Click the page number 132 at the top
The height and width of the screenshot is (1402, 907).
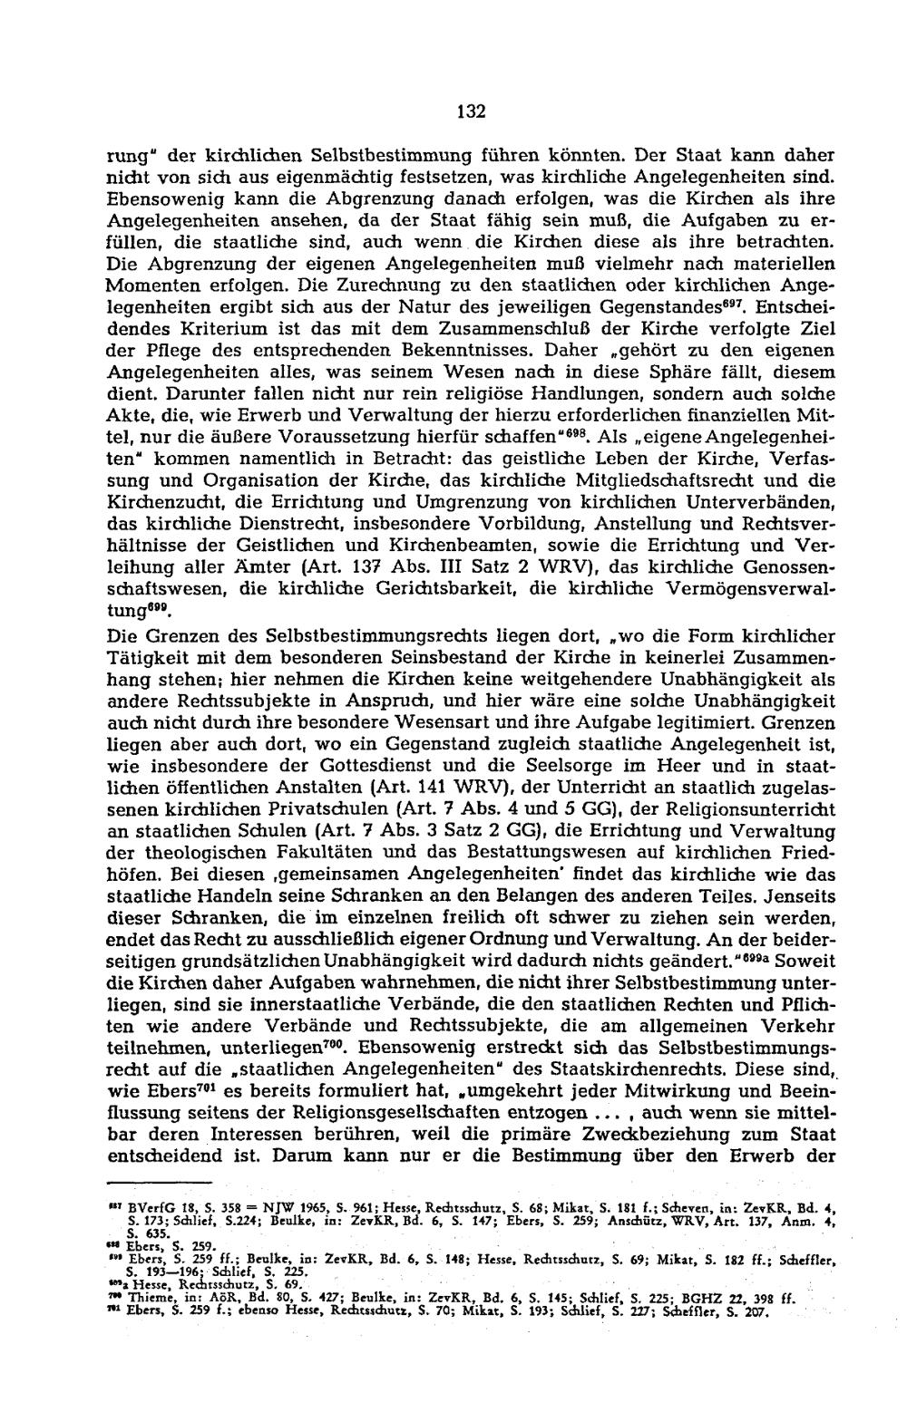click(472, 112)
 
